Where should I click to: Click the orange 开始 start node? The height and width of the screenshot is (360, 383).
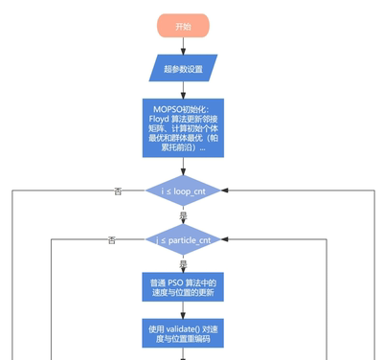click(182, 27)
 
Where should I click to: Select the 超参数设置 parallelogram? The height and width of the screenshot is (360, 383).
click(182, 68)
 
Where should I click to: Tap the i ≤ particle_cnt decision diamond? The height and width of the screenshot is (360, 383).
click(182, 238)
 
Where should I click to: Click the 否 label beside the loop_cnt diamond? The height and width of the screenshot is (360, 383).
click(118, 191)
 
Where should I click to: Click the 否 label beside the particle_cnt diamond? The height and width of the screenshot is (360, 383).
click(112, 238)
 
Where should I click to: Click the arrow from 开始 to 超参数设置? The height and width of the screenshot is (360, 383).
click(182, 46)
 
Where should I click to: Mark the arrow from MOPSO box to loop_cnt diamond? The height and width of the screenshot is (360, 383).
click(182, 167)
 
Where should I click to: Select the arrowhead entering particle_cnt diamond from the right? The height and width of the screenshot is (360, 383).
click(226, 238)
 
